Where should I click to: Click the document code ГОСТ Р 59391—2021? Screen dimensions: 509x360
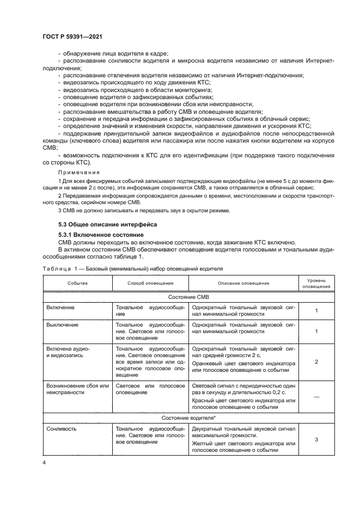click(72, 36)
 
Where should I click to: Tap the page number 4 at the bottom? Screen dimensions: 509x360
click(44, 462)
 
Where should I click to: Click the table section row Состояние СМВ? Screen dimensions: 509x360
click(189, 297)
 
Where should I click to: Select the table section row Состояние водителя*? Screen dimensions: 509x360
click(189, 418)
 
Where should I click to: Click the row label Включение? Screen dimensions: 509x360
click(60, 307)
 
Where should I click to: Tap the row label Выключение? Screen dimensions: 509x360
click(63, 325)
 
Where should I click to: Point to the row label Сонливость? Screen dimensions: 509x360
click(62, 428)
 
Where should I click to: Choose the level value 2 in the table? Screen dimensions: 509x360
click(316, 361)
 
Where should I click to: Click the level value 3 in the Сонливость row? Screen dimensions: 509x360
click(316, 439)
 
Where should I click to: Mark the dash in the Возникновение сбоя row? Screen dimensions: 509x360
click(316, 398)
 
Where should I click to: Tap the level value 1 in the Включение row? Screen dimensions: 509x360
click(316, 310)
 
